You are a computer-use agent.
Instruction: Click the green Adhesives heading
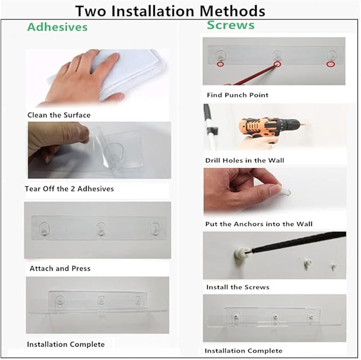pos(57,27)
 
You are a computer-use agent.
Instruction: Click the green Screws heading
pos(231,25)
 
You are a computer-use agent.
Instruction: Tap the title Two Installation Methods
pos(170,11)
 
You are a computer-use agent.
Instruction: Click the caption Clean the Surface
pos(59,115)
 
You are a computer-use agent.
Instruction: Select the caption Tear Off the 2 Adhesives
pos(69,188)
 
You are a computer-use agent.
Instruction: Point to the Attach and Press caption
pos(60,268)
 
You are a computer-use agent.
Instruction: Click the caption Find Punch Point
pos(238,95)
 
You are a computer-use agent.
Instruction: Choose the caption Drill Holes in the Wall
pos(245,160)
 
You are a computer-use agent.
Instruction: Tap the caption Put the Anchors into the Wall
pos(259,224)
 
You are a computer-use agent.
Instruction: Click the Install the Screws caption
pos(238,287)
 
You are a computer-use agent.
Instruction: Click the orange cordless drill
pos(272,127)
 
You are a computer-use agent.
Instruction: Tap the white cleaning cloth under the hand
pos(120,74)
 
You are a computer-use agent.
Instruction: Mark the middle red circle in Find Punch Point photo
pos(278,64)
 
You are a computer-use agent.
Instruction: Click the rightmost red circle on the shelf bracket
pos(331,64)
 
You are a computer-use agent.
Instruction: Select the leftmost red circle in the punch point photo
pos(220,64)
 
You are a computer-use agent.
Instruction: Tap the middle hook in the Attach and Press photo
pos(101,229)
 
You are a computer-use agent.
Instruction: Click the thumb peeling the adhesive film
pos(82,132)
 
